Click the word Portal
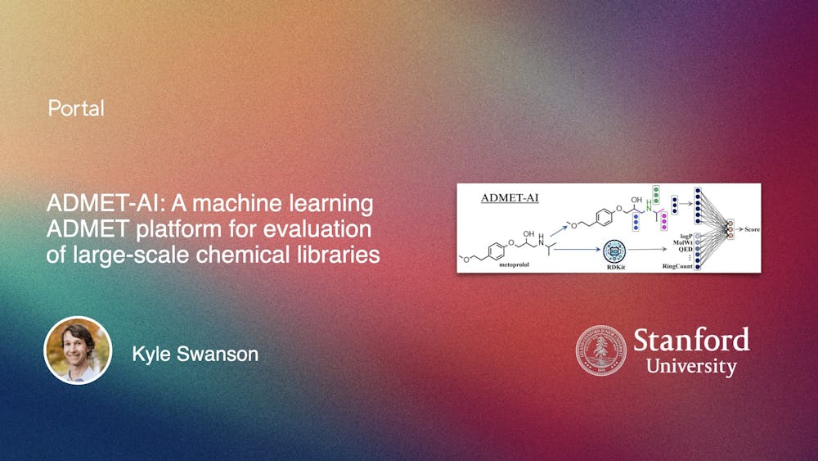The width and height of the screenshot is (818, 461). coord(76,108)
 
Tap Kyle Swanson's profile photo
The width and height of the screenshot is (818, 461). coord(78,350)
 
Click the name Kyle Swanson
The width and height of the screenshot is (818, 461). coord(195,354)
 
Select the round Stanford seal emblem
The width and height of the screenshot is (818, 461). coord(600,350)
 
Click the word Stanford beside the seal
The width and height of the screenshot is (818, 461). coord(691,338)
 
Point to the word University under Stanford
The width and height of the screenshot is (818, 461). coord(691,366)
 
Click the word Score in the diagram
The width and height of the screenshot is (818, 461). coord(751,229)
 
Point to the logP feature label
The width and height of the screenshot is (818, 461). coord(686,236)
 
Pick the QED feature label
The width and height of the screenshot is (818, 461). coord(685,251)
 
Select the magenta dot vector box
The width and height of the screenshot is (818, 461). coord(663,220)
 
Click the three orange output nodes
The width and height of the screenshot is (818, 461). coord(730,229)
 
